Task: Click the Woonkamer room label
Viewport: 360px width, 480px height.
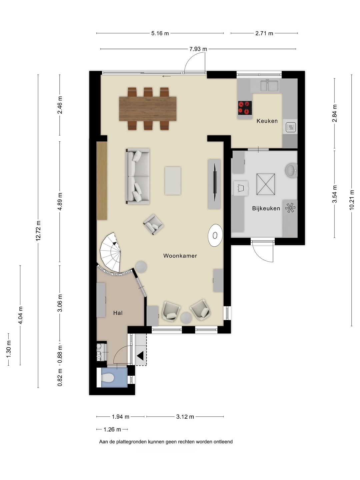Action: click(180, 256)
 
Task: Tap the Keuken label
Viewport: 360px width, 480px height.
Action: click(267, 121)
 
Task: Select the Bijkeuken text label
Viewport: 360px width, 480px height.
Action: click(266, 208)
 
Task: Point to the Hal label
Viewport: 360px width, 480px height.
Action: click(118, 313)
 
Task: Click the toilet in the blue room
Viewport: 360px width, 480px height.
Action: click(108, 378)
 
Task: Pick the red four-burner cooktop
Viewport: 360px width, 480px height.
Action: click(245, 108)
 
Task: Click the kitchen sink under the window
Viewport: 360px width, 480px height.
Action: click(269, 85)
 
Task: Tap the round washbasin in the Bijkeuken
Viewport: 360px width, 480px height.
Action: click(291, 169)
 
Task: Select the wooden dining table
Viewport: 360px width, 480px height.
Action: click(148, 109)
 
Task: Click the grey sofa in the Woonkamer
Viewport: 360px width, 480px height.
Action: click(137, 176)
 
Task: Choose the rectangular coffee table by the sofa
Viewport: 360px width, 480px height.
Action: click(173, 181)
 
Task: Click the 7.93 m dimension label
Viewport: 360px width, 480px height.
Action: click(198, 49)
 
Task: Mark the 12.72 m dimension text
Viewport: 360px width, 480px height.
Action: click(38, 231)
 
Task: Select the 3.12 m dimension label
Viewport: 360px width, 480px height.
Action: click(185, 417)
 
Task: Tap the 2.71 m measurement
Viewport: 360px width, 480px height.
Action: click(264, 33)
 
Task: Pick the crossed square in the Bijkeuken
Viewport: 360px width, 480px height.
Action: click(266, 184)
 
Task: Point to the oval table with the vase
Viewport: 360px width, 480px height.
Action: click(215, 235)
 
